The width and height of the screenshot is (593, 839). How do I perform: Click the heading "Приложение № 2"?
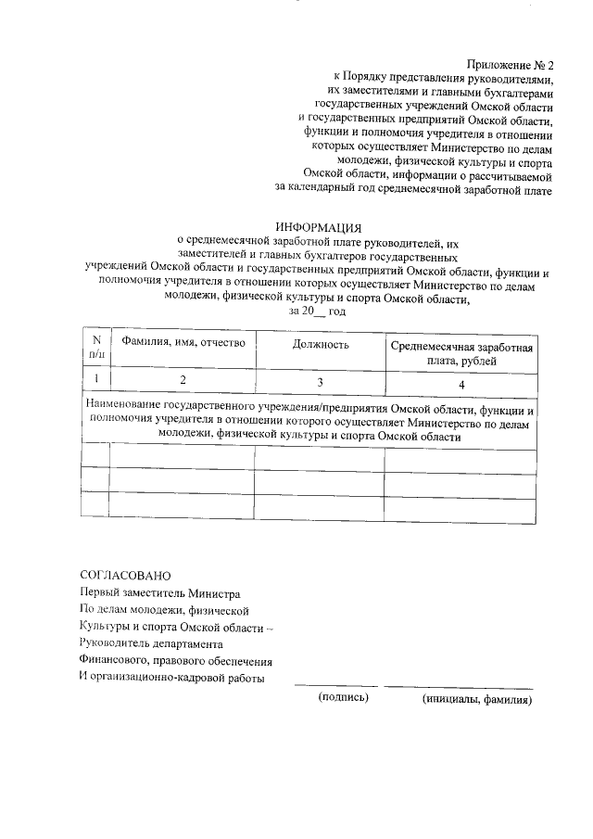(510, 65)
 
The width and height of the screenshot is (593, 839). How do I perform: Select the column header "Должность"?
(321, 345)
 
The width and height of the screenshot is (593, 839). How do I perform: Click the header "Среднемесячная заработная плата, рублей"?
(461, 353)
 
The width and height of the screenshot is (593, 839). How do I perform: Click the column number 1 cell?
(96, 379)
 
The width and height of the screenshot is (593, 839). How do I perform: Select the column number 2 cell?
(183, 380)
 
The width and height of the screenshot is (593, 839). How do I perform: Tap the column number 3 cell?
(321, 381)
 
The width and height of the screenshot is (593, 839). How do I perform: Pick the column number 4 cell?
(461, 382)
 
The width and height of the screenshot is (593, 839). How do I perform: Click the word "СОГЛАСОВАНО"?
(125, 576)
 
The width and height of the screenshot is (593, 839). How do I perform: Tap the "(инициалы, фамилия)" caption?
(476, 699)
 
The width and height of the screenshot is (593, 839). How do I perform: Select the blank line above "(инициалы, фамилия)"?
(459, 687)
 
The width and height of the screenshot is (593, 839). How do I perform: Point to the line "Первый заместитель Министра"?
(160, 593)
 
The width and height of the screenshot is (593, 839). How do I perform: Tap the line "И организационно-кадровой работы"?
(172, 678)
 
